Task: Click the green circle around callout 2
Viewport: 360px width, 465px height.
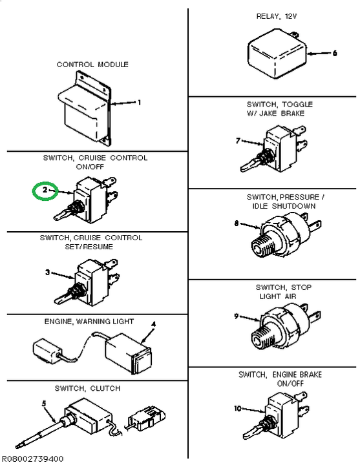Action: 33,191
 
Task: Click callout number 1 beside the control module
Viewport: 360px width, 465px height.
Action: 139,102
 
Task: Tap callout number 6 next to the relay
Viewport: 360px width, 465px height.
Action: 335,53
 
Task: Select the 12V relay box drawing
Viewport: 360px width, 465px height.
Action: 277,54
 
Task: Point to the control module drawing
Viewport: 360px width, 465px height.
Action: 85,108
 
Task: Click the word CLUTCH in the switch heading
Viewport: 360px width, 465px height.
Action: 105,388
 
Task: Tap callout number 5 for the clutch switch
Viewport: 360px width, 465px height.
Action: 44,404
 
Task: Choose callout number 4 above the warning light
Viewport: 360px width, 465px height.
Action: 153,325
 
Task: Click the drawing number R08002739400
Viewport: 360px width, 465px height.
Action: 32,459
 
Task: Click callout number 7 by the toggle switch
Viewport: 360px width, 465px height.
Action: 238,141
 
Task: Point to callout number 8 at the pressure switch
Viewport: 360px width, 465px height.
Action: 237,223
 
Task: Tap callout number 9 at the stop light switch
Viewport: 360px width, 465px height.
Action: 237,316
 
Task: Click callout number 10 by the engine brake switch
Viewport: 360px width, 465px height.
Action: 238,408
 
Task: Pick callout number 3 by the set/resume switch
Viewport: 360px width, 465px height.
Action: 48,272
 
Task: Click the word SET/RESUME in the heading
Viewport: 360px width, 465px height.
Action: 89,247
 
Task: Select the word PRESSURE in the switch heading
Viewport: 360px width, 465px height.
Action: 299,197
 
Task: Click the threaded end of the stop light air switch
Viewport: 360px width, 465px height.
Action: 262,338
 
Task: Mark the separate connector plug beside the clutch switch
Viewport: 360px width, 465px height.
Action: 146,418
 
